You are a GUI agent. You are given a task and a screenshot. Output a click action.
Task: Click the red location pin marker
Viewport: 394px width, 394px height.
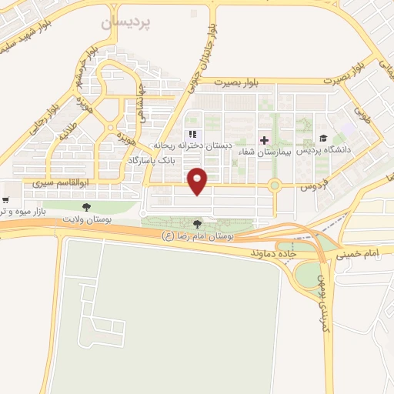[x=199, y=180]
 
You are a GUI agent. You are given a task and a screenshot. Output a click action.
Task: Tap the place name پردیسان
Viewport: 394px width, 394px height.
[x=127, y=24]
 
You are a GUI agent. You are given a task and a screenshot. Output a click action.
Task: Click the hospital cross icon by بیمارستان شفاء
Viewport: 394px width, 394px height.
[x=265, y=140]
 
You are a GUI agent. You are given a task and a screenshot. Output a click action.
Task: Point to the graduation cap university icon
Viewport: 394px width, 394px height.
[x=322, y=139]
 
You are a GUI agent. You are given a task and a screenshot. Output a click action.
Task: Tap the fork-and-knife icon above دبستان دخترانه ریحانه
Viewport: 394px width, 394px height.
[x=192, y=135]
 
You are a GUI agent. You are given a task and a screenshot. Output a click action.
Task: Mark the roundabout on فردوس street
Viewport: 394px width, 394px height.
[x=274, y=185]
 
